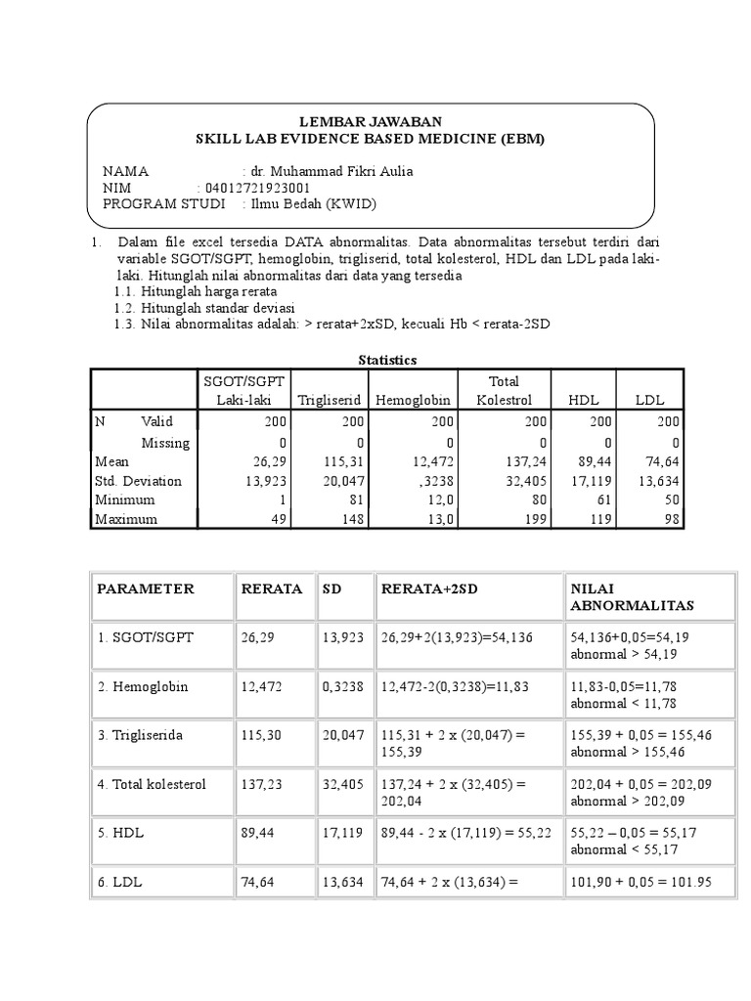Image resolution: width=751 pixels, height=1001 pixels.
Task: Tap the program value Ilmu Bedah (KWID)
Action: (x=313, y=203)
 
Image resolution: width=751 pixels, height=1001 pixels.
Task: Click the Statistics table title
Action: (x=387, y=360)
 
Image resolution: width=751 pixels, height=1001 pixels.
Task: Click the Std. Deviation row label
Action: (x=138, y=481)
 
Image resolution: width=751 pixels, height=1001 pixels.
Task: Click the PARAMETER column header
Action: (x=145, y=588)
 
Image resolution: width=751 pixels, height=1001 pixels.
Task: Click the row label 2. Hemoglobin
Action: (x=142, y=686)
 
